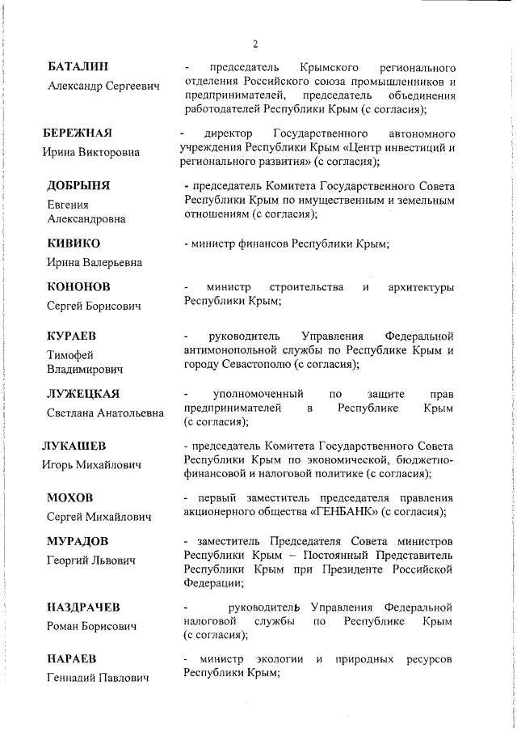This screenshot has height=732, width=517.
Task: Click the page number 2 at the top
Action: [254, 44]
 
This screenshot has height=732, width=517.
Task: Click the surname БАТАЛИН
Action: [78, 66]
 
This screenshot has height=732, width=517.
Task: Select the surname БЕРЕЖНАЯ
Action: [80, 133]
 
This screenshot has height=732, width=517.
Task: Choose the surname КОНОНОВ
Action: [79, 287]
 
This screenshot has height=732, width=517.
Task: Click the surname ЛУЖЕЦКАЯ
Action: [83, 394]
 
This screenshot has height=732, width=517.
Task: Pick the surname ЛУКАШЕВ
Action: [75, 446]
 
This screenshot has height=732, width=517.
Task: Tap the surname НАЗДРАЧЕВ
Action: [84, 607]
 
